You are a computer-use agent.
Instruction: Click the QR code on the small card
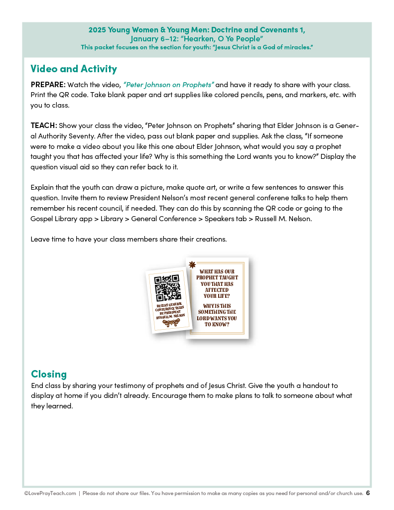pyautogui.click(x=168, y=287)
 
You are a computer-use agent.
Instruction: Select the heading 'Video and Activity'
pyautogui.click(x=74, y=69)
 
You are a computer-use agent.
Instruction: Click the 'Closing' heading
pyautogui.click(x=49, y=374)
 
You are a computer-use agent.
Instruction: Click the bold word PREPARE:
pyautogui.click(x=48, y=85)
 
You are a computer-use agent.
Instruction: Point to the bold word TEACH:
pyautogui.click(x=44, y=126)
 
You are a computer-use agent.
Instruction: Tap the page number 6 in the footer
pyautogui.click(x=368, y=493)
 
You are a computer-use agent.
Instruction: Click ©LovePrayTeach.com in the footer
pyautogui.click(x=50, y=494)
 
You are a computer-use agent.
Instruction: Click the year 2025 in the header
pyautogui.click(x=97, y=30)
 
